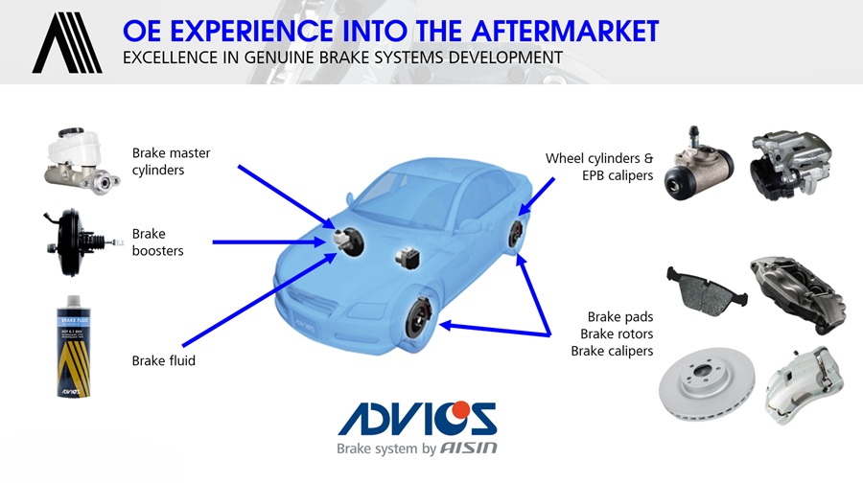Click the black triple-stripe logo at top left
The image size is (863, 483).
66,42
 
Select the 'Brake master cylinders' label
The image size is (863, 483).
172,161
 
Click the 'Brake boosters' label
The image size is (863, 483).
157,242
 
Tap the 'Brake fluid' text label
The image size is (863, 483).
163,361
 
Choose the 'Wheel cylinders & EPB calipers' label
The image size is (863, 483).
599,166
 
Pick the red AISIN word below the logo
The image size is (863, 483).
469,448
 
